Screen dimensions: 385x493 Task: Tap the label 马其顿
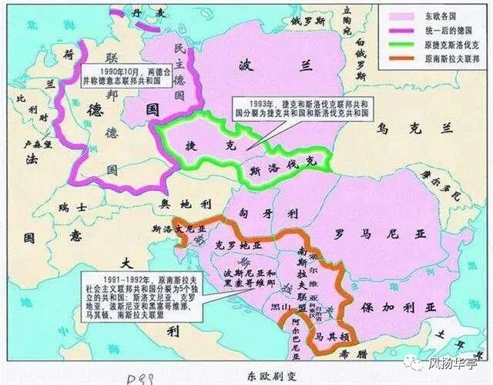click(x=327, y=335)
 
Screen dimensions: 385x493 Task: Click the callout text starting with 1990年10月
click(x=125, y=75)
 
